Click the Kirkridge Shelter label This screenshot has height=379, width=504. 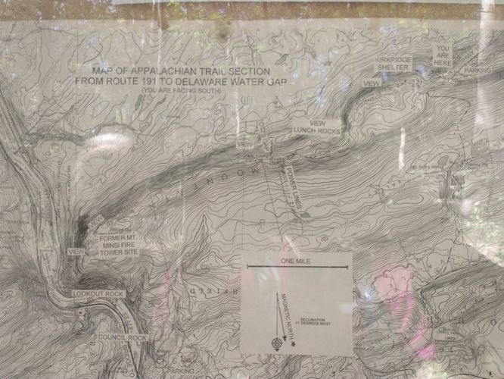(398, 63)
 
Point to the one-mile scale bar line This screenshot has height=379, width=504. (296, 268)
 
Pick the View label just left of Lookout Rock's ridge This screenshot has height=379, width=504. (76, 251)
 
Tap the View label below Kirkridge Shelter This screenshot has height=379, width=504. (371, 83)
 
